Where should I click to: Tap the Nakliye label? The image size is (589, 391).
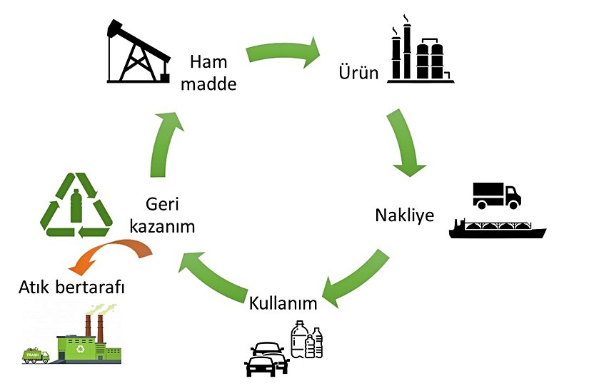pyautogui.click(x=404, y=215)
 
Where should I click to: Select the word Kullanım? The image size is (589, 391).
pyautogui.click(x=283, y=303)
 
